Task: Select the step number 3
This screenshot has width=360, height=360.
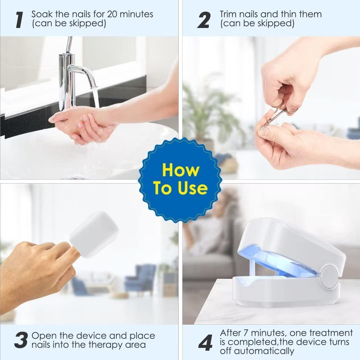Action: click(x=21, y=340)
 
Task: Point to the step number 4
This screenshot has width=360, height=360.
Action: click(x=205, y=342)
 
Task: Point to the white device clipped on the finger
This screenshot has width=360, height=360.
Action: click(x=94, y=234)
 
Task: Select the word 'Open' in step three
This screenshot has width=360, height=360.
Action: click(x=43, y=335)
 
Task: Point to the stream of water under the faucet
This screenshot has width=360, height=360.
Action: click(x=96, y=97)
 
